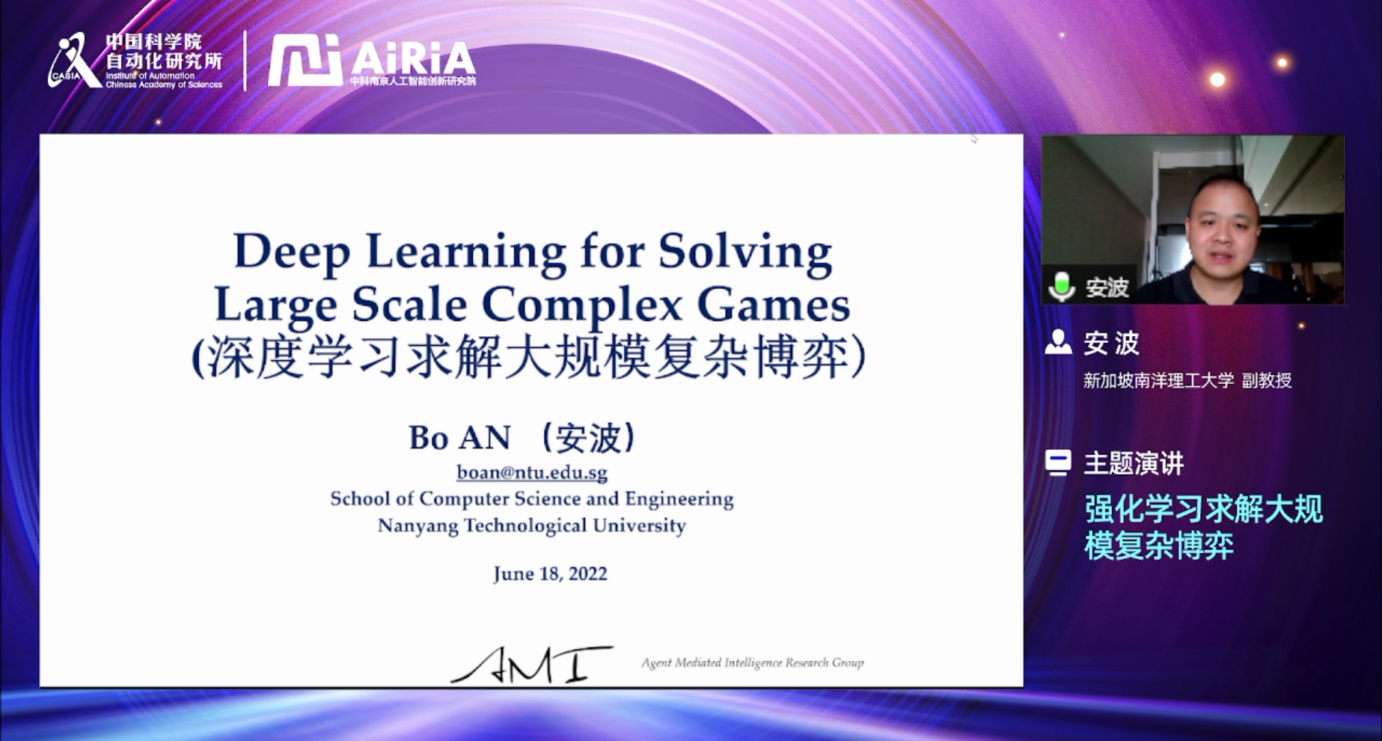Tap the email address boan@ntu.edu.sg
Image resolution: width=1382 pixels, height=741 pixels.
(x=532, y=472)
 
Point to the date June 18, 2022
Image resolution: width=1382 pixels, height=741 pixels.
(x=550, y=574)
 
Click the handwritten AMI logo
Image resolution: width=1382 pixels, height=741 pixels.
(x=531, y=665)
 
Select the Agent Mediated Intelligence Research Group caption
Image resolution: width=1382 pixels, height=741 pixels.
(x=752, y=662)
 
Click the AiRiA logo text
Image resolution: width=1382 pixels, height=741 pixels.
(x=412, y=58)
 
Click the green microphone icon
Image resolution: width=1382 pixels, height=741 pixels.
(x=1062, y=286)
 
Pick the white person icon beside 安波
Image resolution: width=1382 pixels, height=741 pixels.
(x=1058, y=341)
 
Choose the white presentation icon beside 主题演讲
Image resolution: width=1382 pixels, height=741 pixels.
(x=1058, y=463)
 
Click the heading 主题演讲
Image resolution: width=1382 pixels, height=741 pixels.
(x=1134, y=463)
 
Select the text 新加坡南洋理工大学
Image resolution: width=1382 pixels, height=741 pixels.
(x=1158, y=380)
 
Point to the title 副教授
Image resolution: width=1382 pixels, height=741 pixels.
(x=1267, y=380)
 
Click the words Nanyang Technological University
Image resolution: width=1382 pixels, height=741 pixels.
(x=531, y=525)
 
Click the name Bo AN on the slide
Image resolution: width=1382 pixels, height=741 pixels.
(x=459, y=438)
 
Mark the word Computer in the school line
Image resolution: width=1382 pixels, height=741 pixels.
(x=464, y=499)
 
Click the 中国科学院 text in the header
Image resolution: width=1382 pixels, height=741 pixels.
(x=153, y=41)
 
